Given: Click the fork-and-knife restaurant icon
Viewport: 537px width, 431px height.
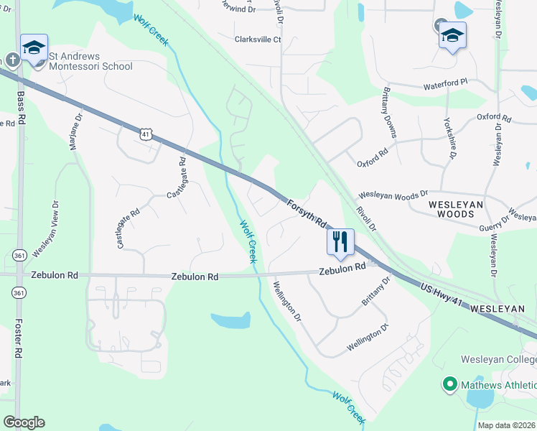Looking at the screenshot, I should click(340, 241).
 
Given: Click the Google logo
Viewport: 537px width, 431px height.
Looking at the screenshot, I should click(24, 422).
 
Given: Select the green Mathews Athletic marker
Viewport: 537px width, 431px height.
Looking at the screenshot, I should click(450, 384).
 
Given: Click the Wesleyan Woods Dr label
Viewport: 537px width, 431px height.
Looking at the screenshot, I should click(393, 195).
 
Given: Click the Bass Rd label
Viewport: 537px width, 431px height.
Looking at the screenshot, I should click(21, 105).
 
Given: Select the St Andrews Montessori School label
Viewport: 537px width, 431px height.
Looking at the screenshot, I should click(90, 61).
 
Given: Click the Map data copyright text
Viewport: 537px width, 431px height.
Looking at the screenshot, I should click(506, 425).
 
